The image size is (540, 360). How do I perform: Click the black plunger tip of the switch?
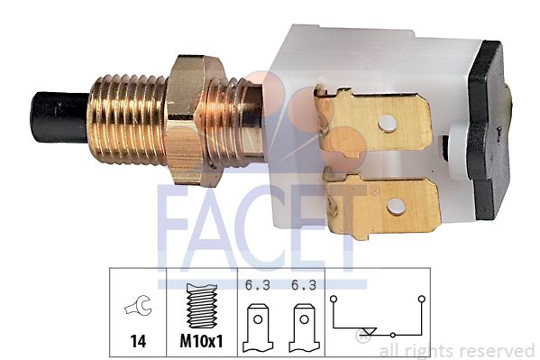click(x=59, y=117)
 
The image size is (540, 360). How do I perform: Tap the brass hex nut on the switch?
click(x=195, y=121)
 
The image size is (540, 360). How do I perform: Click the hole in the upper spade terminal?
click(x=387, y=124)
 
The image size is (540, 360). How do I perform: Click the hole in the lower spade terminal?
click(x=396, y=207)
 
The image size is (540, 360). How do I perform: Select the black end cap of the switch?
click(x=489, y=130)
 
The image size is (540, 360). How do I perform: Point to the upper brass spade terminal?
click(x=373, y=122)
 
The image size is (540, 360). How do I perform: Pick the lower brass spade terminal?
click(x=382, y=204)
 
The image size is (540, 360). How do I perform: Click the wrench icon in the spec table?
click(x=138, y=306)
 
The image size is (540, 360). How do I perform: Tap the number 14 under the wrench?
click(x=138, y=341)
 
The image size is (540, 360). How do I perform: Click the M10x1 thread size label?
click(x=201, y=341)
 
